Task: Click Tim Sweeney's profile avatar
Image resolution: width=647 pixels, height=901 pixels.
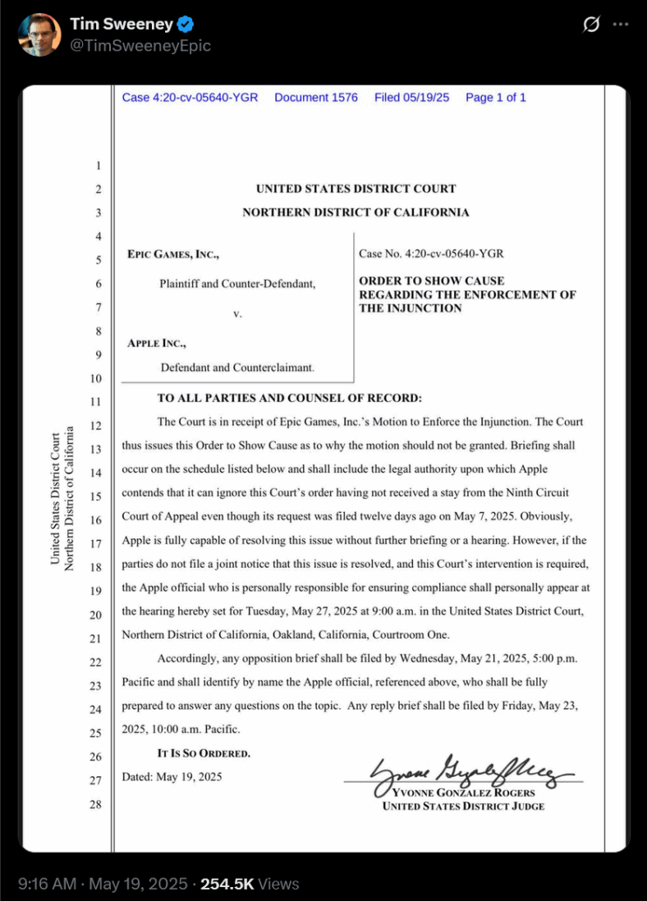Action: pos(39,34)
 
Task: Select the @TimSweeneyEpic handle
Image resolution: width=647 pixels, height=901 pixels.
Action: pos(140,46)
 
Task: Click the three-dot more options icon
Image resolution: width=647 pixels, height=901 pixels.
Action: pos(621,25)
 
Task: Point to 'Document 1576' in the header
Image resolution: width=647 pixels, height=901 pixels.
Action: pos(316,98)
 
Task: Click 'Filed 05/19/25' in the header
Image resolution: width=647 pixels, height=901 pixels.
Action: pos(411,98)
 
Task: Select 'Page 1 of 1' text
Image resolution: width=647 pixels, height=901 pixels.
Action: pos(495,98)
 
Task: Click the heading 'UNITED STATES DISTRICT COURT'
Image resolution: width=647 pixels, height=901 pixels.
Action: pos(356,189)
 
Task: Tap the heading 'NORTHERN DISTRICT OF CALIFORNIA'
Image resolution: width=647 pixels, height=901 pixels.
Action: pos(356,213)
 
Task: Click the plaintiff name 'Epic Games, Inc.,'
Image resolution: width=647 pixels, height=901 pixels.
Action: pos(173,255)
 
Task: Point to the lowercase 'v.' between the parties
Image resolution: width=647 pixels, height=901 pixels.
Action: pos(237,313)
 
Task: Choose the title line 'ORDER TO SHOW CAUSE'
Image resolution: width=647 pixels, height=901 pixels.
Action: pos(432,281)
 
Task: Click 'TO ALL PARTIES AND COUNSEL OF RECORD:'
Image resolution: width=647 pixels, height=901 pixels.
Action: pos(289,399)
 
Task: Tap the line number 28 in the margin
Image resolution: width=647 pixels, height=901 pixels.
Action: pos(95,804)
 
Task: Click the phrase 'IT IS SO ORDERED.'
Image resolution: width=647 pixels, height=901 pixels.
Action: pos(204,752)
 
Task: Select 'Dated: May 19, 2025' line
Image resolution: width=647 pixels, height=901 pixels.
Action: pos(172,776)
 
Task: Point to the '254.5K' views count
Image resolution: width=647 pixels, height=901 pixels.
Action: pos(227,884)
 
